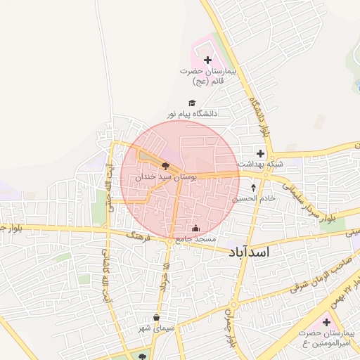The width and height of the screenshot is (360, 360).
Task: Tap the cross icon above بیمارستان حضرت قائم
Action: coord(207,61)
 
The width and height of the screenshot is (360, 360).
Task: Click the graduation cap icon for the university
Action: coord(193,102)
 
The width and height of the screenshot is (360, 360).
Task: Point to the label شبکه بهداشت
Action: coord(261,163)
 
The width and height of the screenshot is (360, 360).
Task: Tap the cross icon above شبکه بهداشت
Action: coord(261,153)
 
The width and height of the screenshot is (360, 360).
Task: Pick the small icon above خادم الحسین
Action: coord(254,188)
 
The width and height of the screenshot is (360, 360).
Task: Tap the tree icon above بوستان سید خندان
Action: coord(165,167)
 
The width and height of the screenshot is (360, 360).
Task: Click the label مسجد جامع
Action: coord(195,239)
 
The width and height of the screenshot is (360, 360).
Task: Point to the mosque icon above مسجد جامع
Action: coord(195,229)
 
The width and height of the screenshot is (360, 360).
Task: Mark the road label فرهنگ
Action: coord(139,236)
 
